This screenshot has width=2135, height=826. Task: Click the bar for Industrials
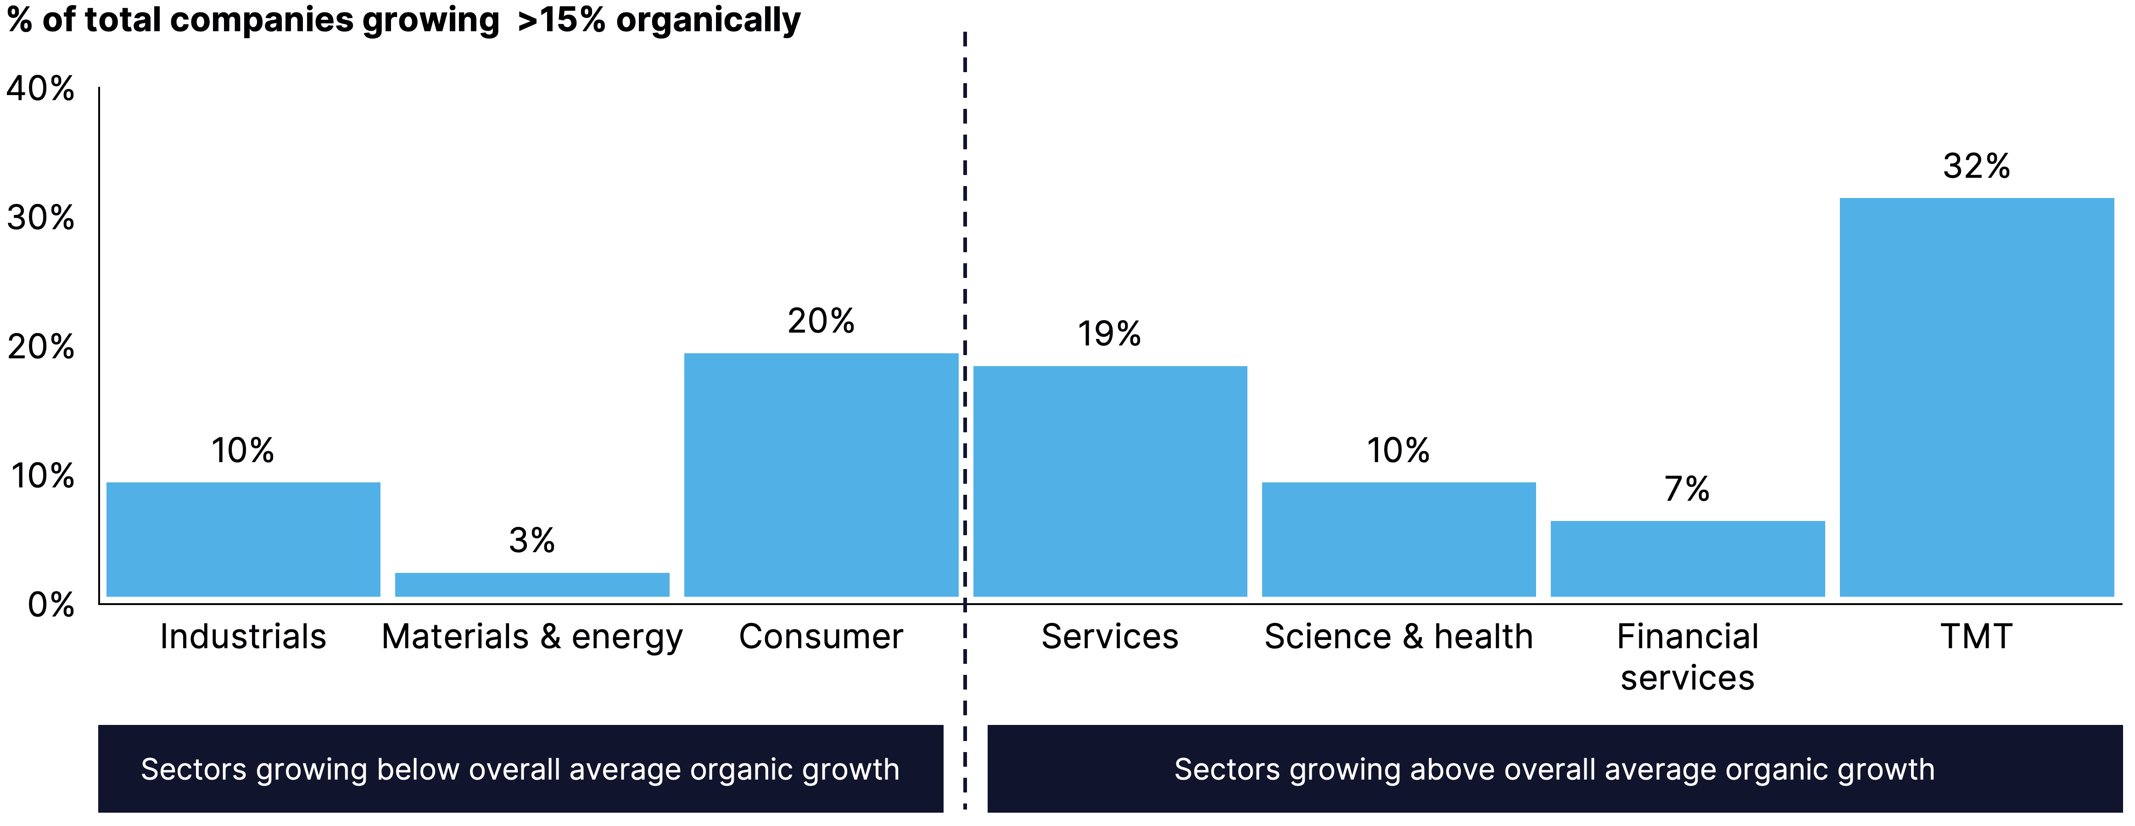(x=243, y=539)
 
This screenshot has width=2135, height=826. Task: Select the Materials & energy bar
(x=532, y=585)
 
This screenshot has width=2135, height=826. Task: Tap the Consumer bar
(x=821, y=475)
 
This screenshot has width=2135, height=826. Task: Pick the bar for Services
(x=1110, y=481)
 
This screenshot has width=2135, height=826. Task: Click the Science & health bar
(x=1398, y=539)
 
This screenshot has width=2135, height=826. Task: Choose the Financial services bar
(x=1688, y=558)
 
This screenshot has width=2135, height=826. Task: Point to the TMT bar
(x=1977, y=396)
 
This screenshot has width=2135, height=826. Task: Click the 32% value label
(x=1977, y=167)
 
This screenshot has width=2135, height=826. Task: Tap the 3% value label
(x=532, y=541)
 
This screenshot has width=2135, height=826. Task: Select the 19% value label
(x=1109, y=334)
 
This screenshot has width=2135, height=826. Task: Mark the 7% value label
(x=1687, y=489)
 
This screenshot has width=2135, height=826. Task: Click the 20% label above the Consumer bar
(x=821, y=321)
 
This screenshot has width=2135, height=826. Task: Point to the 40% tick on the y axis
(x=40, y=89)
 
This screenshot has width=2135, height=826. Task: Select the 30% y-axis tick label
(x=40, y=218)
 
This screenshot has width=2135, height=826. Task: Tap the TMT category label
(x=1977, y=637)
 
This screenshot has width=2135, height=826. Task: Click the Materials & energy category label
(x=532, y=637)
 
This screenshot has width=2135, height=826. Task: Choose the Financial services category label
(x=1688, y=657)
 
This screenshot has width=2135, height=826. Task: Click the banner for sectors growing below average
(x=520, y=769)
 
